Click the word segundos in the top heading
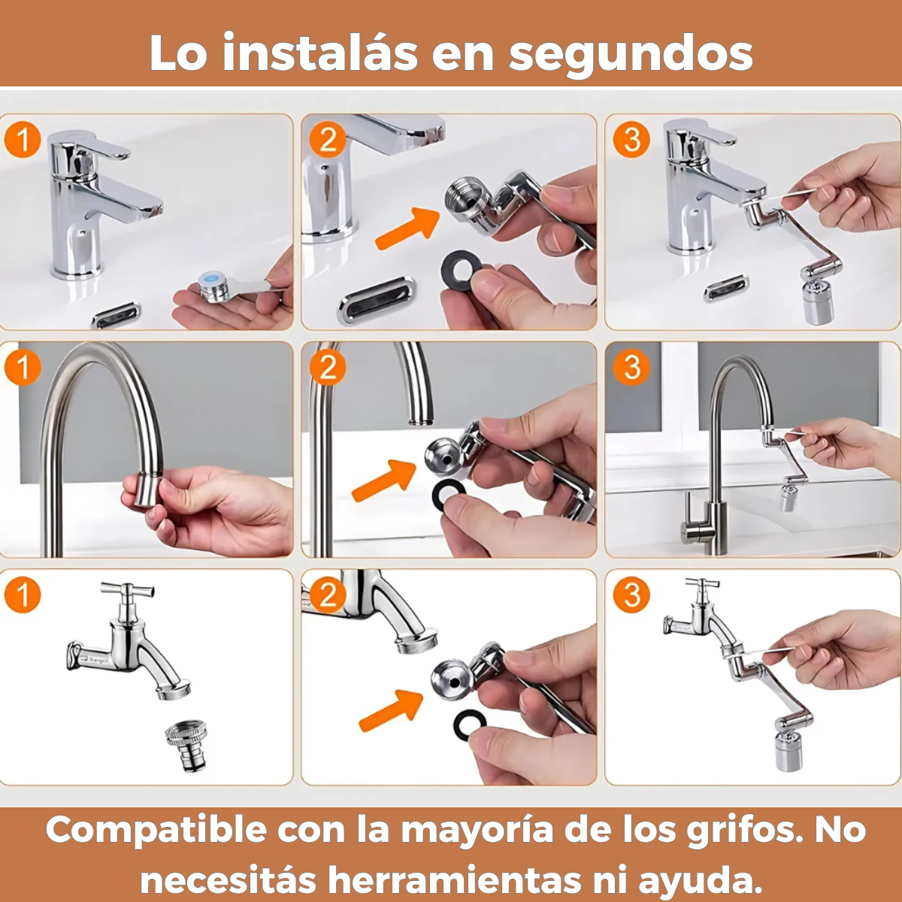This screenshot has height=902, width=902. pyautogui.click(x=631, y=54)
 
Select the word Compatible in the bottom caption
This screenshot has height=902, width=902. pyautogui.click(x=156, y=831)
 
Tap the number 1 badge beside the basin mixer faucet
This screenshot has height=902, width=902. pyautogui.click(x=22, y=140)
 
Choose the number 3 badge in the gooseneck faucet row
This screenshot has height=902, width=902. pyautogui.click(x=631, y=368)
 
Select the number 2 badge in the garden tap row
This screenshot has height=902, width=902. pyautogui.click(x=327, y=595)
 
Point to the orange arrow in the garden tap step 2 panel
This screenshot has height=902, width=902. pyautogui.click(x=391, y=710)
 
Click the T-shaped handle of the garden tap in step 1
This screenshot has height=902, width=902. pyautogui.click(x=128, y=589)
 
